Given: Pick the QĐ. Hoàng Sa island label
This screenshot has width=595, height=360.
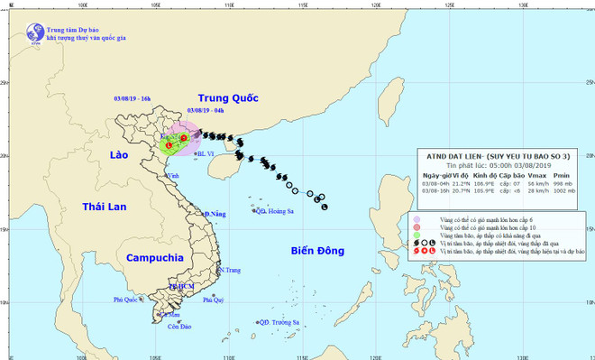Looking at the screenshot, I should (x=276, y=211).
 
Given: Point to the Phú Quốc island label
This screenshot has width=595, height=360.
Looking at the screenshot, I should (x=126, y=300).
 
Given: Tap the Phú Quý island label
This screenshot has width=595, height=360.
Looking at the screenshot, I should (x=214, y=300).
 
